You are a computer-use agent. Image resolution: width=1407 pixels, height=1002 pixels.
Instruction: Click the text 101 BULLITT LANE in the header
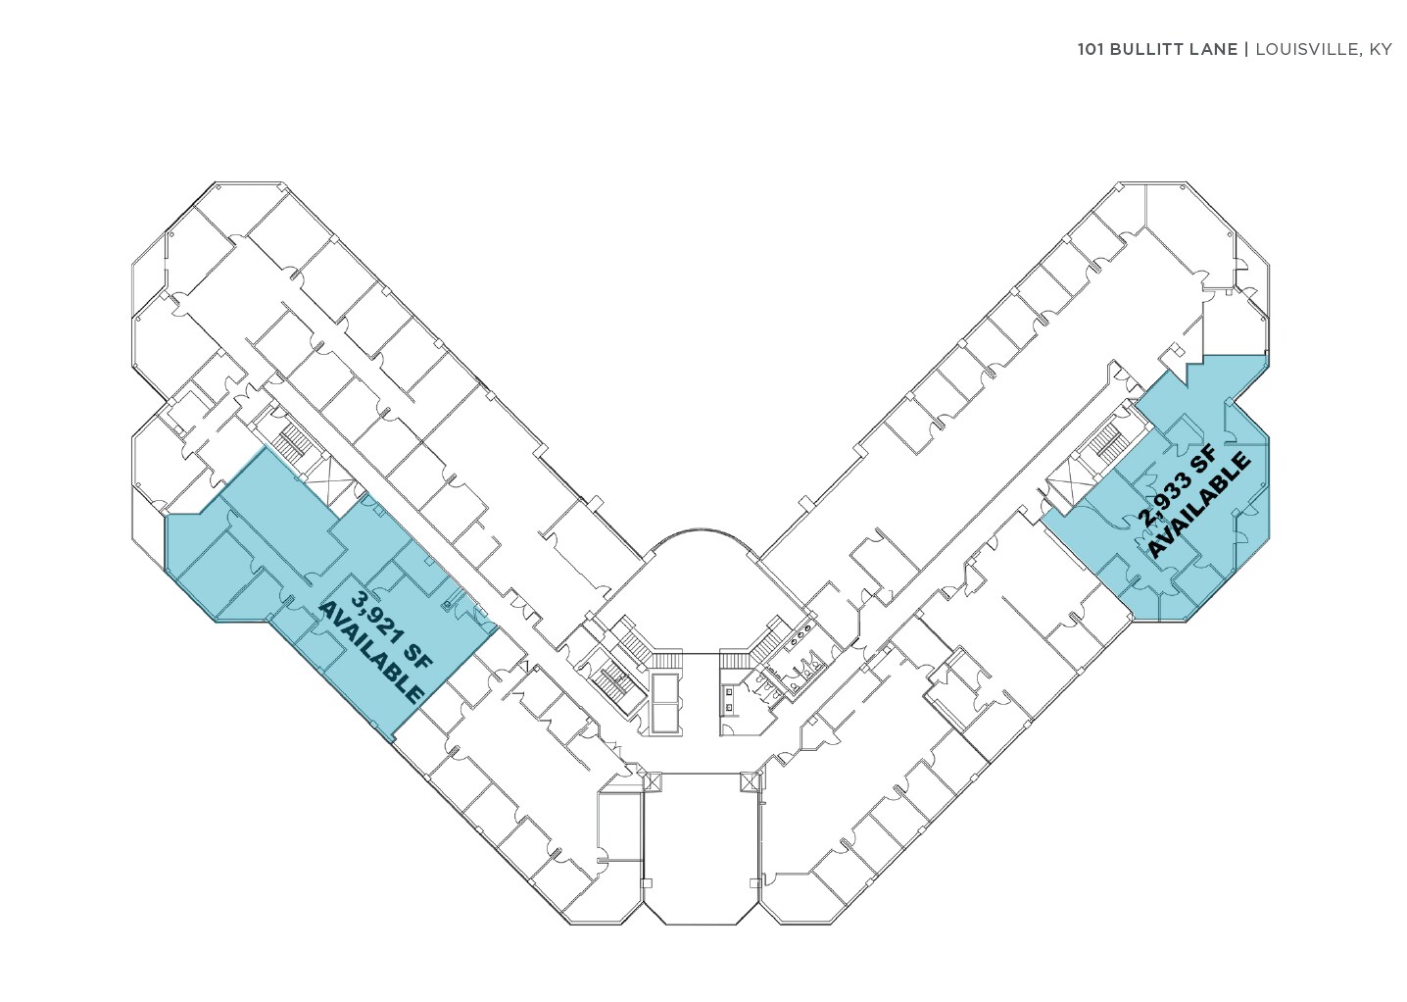click(1157, 49)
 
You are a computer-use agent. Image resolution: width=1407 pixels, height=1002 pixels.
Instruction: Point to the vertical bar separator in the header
click(1246, 49)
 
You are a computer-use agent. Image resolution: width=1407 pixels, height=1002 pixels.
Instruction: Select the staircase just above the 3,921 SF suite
click(290, 443)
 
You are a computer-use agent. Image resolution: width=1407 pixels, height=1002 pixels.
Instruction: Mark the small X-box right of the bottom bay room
click(751, 781)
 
